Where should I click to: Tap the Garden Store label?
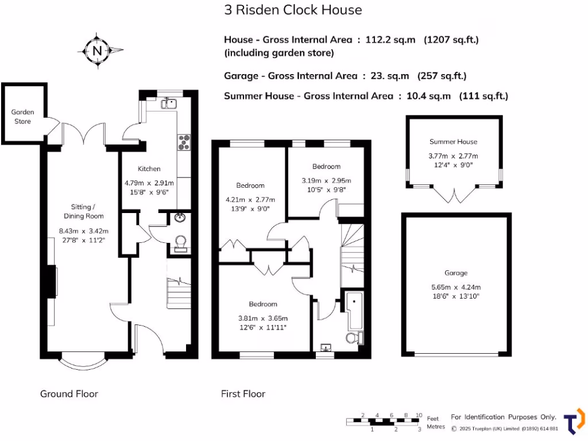[x=23, y=117]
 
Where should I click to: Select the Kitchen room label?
[x=149, y=169]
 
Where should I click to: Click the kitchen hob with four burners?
[x=185, y=141]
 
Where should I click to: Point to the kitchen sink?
[x=168, y=103]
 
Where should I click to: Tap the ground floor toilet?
[x=180, y=243]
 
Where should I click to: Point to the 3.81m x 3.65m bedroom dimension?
[x=263, y=318]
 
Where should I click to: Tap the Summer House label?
[x=453, y=141]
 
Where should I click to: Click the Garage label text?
[x=455, y=273]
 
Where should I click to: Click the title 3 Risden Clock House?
[x=293, y=10]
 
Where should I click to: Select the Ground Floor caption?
[x=69, y=393]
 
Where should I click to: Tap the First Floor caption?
[x=243, y=393]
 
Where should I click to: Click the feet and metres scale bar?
[x=384, y=421]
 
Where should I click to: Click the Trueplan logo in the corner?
[x=575, y=421]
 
